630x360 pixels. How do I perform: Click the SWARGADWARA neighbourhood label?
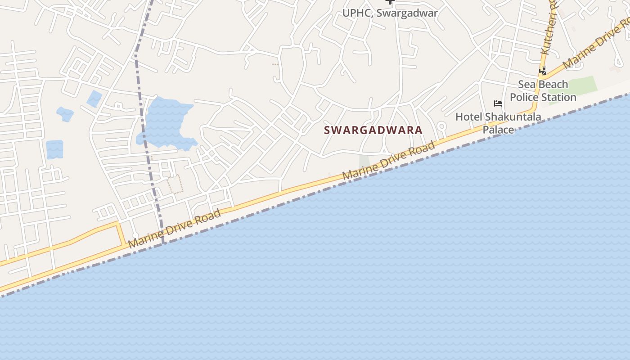coord(373,130)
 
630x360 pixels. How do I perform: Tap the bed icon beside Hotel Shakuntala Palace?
coord(498,103)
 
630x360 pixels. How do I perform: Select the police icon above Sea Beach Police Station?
coord(543,71)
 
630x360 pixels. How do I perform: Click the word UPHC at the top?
coord(357,13)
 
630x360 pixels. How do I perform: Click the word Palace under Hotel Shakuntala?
coord(498,130)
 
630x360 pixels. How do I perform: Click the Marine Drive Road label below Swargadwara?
coord(389,161)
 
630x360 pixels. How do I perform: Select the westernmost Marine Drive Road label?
coord(175,229)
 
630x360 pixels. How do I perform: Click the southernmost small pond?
coord(54,149)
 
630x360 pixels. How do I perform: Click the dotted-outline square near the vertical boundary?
coord(175,184)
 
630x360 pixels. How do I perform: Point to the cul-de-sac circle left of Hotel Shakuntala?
coord(441,126)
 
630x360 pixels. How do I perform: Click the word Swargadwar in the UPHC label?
coord(407,13)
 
